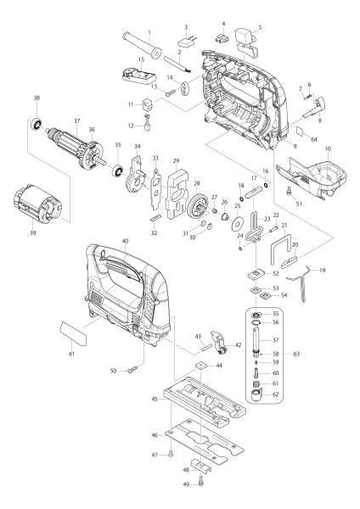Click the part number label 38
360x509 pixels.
click(x=37, y=98)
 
